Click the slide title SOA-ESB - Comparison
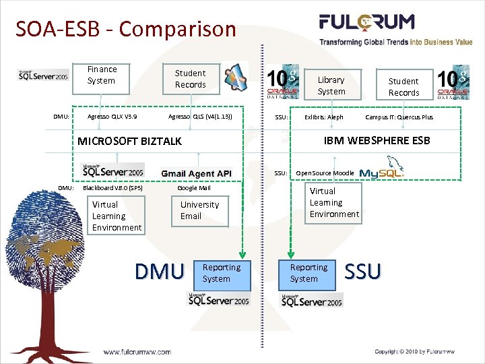tap(126, 30)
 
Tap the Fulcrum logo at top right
tap(395, 29)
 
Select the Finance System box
tap(102, 75)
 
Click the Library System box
tap(331, 86)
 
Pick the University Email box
tap(199, 210)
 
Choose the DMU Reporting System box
tap(221, 273)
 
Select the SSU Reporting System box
tap(306, 273)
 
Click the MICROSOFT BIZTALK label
tap(130, 141)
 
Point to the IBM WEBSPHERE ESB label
tap(377, 140)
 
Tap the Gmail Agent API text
tap(196, 173)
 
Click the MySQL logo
tap(382, 171)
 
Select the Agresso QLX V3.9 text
tap(112, 117)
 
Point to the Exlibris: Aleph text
tap(323, 117)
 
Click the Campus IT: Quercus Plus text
tap(399, 117)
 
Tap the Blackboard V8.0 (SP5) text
tap(112, 188)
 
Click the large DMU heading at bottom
tap(159, 272)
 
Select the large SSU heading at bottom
tap(362, 271)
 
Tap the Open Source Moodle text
tap(325, 173)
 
